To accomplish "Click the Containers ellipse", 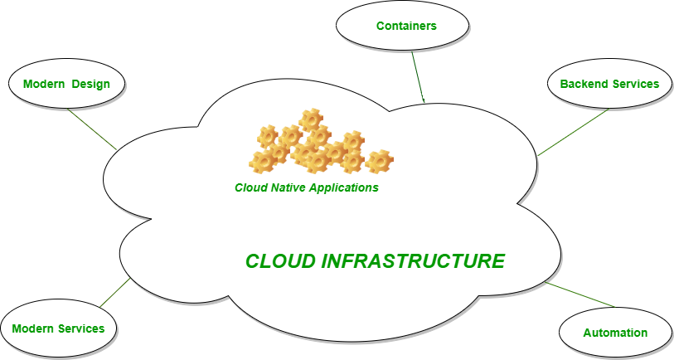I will click(x=402, y=26).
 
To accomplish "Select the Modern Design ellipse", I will click(x=66, y=84).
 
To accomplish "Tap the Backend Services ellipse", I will click(x=609, y=84).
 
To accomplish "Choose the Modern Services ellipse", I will click(x=58, y=328).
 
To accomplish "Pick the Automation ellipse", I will click(x=614, y=333).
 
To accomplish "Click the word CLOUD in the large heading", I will click(x=280, y=261).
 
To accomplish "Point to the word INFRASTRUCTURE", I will click(x=412, y=261).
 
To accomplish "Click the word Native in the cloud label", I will click(x=286, y=187).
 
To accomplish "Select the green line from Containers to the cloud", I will click(x=418, y=75).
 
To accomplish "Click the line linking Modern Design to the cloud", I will click(x=91, y=128).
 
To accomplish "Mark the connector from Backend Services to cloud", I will click(x=575, y=131).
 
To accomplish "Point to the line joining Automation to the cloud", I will click(x=580, y=294).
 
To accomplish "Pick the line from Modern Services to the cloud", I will click(x=115, y=293).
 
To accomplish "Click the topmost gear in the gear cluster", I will click(x=311, y=119).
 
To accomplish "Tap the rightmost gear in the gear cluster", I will click(x=380, y=161).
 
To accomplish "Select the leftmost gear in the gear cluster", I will click(x=262, y=159).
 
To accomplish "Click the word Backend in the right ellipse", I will click(x=584, y=84).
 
